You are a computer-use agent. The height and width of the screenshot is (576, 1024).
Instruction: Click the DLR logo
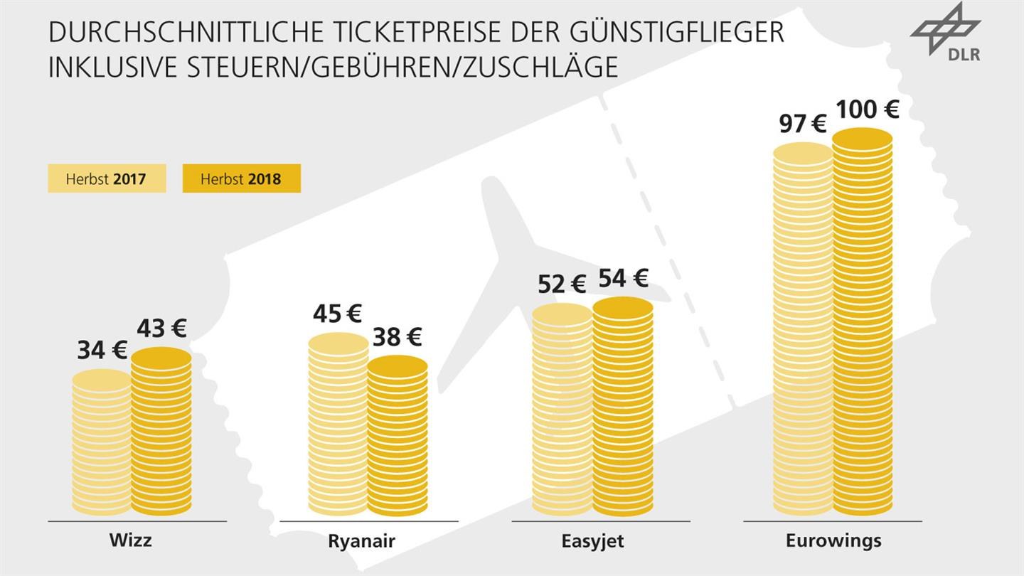point(946,33)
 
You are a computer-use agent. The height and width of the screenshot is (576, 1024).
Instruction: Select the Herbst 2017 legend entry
point(107,178)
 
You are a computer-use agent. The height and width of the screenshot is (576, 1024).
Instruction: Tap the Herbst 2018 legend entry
point(241,178)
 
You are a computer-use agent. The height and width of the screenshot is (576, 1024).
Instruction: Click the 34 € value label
point(102,350)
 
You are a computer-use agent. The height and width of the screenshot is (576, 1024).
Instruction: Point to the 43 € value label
point(161,328)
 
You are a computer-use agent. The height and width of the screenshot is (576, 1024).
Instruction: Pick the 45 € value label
point(337,314)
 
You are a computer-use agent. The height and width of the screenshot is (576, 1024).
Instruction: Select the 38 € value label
point(397,336)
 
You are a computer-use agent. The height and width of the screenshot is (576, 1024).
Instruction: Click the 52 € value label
point(561,284)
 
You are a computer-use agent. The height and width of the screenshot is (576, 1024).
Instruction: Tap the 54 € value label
point(623,278)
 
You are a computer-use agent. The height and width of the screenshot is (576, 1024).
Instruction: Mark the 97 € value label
point(802,123)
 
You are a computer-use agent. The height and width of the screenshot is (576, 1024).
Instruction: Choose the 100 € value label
point(867,109)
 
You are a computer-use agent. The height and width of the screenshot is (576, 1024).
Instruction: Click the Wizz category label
point(130,540)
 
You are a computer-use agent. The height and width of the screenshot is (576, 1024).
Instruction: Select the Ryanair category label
point(361,541)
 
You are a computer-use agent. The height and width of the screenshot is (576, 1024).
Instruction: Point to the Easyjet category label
point(592,541)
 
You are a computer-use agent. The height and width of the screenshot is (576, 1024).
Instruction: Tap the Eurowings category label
point(833,540)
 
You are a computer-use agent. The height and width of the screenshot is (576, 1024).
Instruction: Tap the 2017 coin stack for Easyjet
point(562,409)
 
